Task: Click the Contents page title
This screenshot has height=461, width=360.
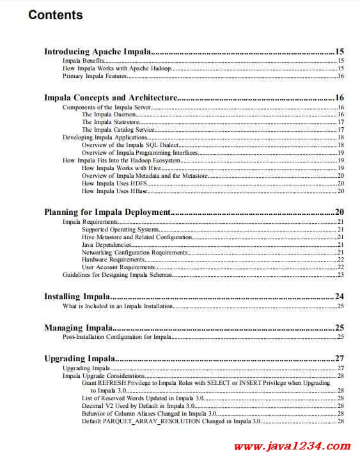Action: (x=56, y=15)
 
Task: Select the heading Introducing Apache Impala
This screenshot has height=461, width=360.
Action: (x=97, y=51)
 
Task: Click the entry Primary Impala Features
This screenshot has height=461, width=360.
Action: (x=95, y=76)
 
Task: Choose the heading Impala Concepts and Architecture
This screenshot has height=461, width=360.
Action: (x=110, y=98)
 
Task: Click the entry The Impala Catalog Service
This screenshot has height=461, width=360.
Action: (x=118, y=129)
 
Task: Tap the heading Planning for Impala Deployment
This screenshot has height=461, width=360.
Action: (x=107, y=212)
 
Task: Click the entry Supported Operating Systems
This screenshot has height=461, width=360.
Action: (x=120, y=229)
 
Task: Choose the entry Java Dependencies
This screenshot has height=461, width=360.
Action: (x=107, y=244)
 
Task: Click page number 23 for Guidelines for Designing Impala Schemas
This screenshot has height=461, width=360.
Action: (x=341, y=275)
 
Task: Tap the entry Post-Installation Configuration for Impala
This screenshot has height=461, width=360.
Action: (x=116, y=337)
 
